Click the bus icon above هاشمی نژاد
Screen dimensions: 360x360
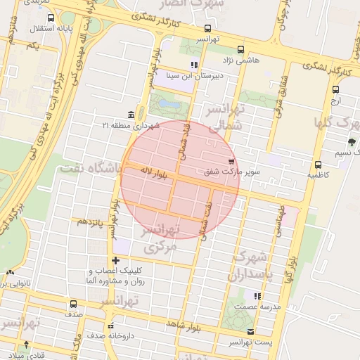click(x=241, y=50)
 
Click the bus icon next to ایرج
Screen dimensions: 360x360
click(x=335, y=89)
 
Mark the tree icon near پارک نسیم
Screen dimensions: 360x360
click(x=352, y=142)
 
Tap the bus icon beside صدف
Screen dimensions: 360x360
click(x=73, y=304)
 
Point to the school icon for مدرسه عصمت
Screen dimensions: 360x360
click(x=257, y=296)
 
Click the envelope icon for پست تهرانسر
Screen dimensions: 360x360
click(x=251, y=331)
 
